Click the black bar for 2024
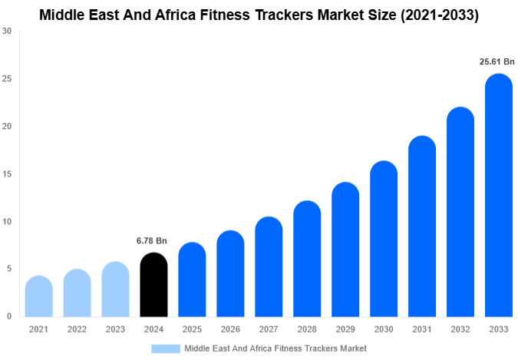[x=153, y=285]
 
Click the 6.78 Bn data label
[x=153, y=241]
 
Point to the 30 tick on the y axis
[x=7, y=31]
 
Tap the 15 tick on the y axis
[x=7, y=174]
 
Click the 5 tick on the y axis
[x=8, y=269]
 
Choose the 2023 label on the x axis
[x=115, y=329]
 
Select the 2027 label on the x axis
[x=269, y=329]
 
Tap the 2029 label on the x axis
[x=345, y=329]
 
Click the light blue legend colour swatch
[x=166, y=348]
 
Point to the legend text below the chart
[x=275, y=348]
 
